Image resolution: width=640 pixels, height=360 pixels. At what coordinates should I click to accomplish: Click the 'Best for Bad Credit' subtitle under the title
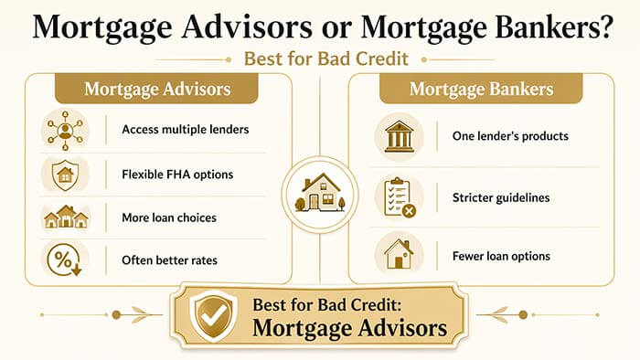tap(319, 59)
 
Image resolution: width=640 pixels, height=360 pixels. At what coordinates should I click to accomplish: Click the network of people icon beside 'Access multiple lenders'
tap(65, 130)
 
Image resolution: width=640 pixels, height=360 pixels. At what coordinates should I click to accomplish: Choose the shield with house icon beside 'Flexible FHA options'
tap(65, 173)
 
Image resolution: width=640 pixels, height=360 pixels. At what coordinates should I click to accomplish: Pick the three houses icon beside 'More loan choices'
tap(65, 217)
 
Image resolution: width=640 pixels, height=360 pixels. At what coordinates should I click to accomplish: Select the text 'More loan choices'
tap(165, 217)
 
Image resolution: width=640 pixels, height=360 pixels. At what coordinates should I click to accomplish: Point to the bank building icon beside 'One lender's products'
tap(399, 136)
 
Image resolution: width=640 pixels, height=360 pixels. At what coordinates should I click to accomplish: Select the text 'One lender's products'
tap(510, 136)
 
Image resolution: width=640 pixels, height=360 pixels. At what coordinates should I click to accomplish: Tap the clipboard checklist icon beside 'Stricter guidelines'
tap(399, 195)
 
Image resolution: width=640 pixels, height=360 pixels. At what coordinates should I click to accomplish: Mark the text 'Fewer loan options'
tap(501, 256)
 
